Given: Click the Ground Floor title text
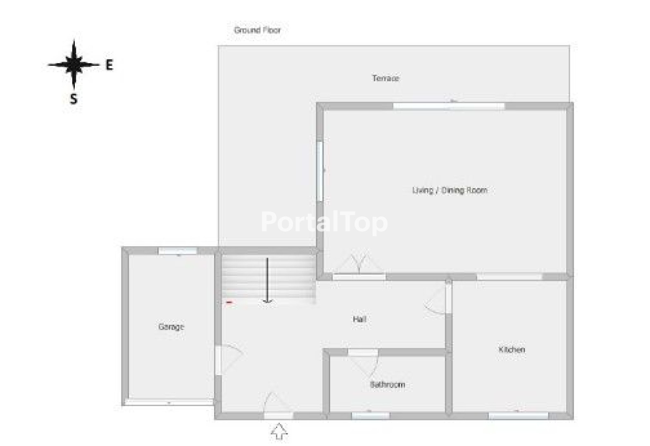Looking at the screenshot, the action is pos(257,30).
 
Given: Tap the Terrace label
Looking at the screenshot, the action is pos(386,78).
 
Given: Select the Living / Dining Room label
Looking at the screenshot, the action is pos(450,190).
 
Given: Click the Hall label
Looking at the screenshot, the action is pos(360,319).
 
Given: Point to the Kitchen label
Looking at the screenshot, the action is pos(512,349).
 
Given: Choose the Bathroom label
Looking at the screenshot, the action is pos(387,385).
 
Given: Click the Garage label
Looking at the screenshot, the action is pos(171,327).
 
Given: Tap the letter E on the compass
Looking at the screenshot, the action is pos(109,65).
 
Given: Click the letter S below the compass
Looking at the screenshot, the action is pos(74,99).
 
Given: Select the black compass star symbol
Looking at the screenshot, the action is pos(74,64).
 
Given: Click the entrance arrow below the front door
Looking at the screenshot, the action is pos(279,431).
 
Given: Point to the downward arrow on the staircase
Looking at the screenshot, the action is pos(267,280).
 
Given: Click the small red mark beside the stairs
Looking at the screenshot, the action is pos(229,302).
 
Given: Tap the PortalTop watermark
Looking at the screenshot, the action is pos(324,223).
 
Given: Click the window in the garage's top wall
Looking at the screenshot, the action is pos(178,251).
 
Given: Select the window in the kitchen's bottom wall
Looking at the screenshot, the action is pos(519,416).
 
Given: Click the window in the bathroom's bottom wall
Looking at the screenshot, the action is pos(371,416).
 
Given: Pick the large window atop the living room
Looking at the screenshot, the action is pos(449,106).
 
